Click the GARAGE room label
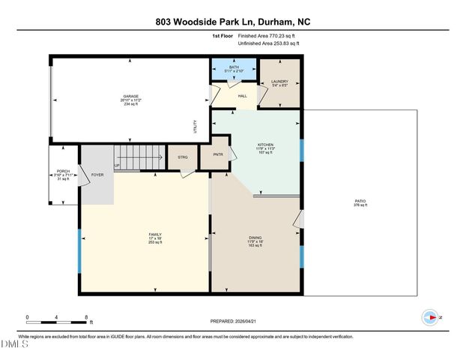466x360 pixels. [x=131, y=97]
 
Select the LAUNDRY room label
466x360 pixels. [x=279, y=82]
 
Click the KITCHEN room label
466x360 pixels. [x=265, y=145]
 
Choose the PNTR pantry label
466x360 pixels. [x=220, y=155]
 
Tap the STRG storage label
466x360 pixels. [x=182, y=157]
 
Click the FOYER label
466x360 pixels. [x=97, y=175]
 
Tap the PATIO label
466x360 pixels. [x=360, y=202]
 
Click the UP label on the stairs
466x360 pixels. [x=116, y=166]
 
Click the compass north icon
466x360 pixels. [x=430, y=317]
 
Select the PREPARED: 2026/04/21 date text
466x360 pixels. [x=232, y=321]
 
